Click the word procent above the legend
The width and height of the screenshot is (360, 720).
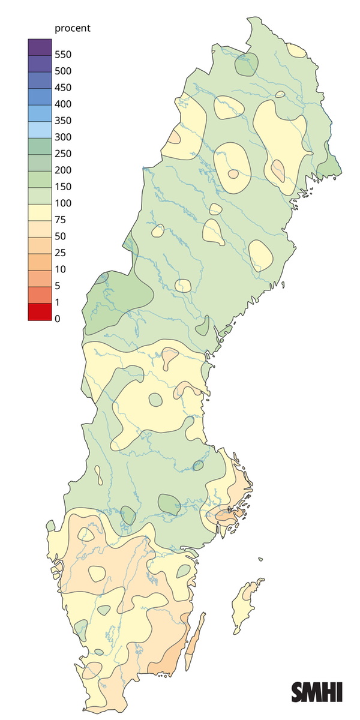click(72, 28)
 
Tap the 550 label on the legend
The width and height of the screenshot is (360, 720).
click(62, 55)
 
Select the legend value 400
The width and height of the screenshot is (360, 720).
click(62, 104)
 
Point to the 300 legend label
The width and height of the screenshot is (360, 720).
click(62, 137)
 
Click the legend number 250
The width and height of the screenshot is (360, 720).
click(62, 154)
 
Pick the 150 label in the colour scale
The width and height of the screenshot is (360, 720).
click(62, 187)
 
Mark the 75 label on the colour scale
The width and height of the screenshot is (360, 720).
click(59, 220)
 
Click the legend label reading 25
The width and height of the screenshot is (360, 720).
click(59, 253)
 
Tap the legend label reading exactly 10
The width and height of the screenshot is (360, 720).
click(59, 269)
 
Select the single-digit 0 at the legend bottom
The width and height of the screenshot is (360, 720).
click(57, 319)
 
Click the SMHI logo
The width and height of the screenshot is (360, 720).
click(316, 692)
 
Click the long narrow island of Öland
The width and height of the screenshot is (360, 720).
click(194, 642)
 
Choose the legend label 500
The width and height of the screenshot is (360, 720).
click(62, 71)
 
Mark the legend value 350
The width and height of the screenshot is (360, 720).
click(62, 121)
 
